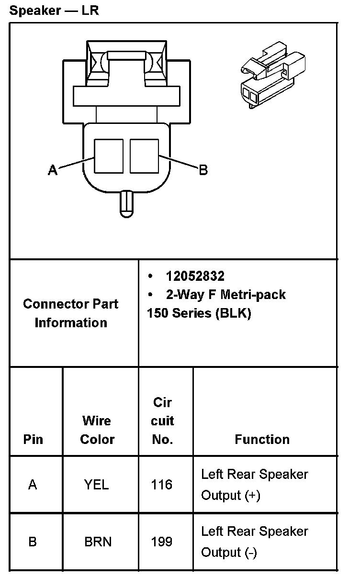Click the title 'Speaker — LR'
[54, 10]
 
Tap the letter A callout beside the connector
[53, 169]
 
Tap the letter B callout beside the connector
[203, 169]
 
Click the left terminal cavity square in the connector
[109, 156]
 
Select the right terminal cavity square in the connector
[144, 156]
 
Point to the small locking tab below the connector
[126, 204]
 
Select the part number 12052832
[195, 276]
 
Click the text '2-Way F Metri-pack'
[225, 295]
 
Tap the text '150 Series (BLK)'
[199, 313]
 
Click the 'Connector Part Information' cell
[71, 313]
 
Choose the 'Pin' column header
[33, 439]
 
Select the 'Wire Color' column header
[97, 430]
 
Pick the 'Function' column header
[262, 439]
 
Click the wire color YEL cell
[97, 485]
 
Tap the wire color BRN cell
[98, 542]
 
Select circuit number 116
[161, 485]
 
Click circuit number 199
[161, 542]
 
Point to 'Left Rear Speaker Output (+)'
[254, 485]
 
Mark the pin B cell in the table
[33, 542]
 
